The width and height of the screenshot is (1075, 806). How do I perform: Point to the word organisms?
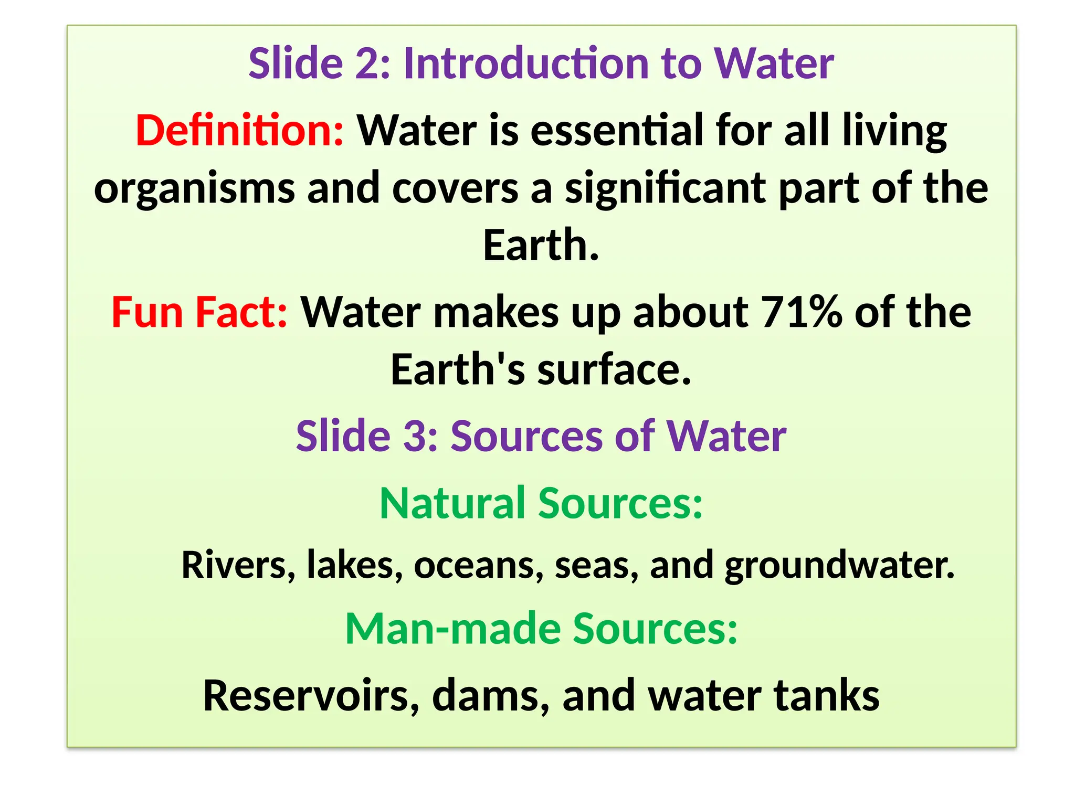[x=194, y=189]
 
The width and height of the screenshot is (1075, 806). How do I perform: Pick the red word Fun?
[x=147, y=312]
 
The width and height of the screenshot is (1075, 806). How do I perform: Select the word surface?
[x=614, y=370]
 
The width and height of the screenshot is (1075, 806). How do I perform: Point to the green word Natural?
[x=452, y=503]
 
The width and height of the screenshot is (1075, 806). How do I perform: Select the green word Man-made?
[x=452, y=629]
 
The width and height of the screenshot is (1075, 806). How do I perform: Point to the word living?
[x=894, y=131]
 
